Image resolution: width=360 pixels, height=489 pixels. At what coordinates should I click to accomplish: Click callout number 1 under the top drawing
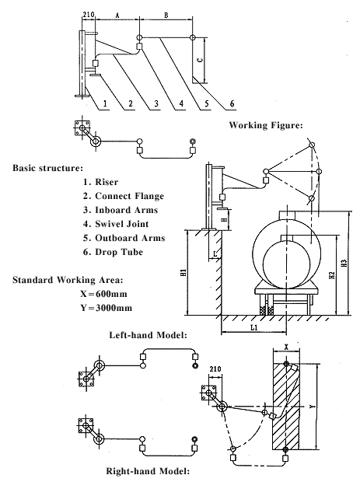click(105, 103)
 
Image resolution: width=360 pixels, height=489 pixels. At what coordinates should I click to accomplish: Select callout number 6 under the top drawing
click(232, 103)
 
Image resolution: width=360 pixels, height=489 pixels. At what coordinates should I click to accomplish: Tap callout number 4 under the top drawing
click(181, 103)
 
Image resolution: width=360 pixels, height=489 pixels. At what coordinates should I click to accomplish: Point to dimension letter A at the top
click(117, 15)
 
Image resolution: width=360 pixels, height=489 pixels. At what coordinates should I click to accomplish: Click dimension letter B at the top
click(166, 15)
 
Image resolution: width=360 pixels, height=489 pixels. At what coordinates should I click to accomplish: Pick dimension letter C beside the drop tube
click(201, 60)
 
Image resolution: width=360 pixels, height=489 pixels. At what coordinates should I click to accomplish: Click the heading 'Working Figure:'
click(266, 125)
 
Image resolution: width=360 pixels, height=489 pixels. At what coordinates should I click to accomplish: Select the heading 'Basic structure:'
click(47, 168)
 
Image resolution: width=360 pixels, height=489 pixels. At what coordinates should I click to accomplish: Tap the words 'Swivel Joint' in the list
click(121, 224)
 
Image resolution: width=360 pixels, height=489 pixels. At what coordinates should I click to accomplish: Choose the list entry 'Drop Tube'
click(119, 252)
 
